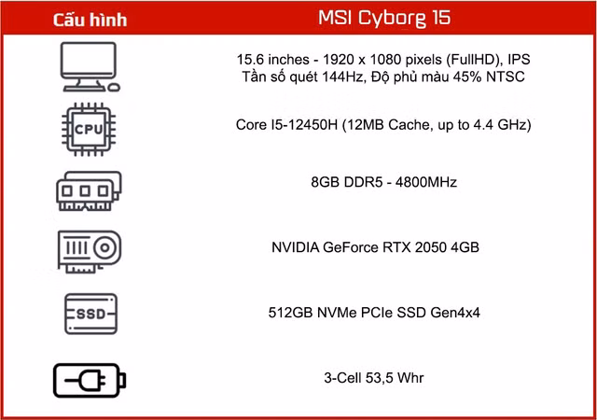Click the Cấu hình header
90,20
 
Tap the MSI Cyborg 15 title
384,18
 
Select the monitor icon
90,67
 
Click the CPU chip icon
89,129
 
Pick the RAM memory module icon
90,191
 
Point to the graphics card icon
90,252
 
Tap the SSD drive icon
90,314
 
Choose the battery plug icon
90,381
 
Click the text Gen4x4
455,313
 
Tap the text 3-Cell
342,378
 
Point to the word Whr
410,378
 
